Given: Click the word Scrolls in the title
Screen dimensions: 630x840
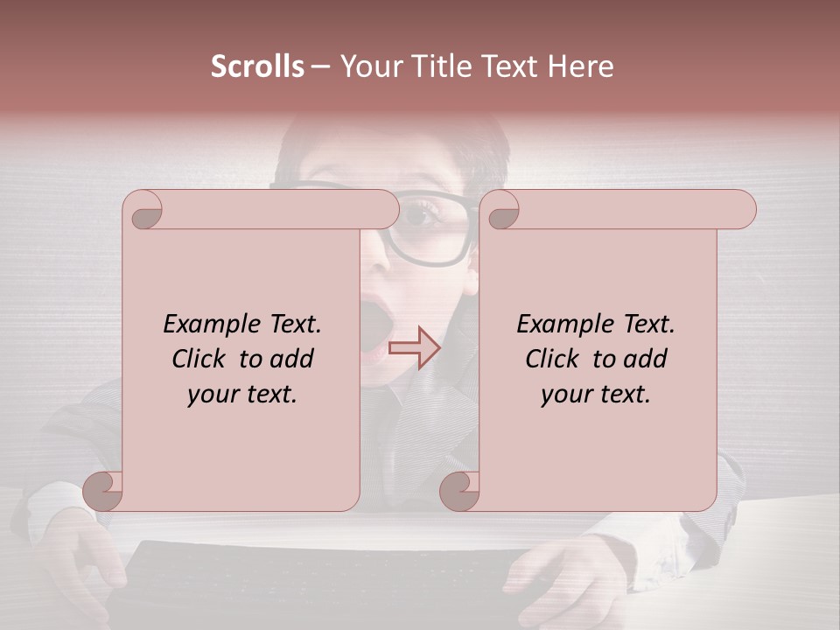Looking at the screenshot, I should click(257, 66).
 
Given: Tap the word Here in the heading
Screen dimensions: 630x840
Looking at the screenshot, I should click(580, 66).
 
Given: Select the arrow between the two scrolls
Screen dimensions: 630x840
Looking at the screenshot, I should click(414, 347).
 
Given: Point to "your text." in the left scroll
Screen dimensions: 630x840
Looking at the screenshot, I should click(242, 395).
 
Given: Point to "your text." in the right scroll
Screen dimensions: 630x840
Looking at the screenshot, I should click(596, 395).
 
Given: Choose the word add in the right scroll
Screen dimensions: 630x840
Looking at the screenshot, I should click(646, 360).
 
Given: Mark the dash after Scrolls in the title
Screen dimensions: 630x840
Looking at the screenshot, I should click(321, 66).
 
